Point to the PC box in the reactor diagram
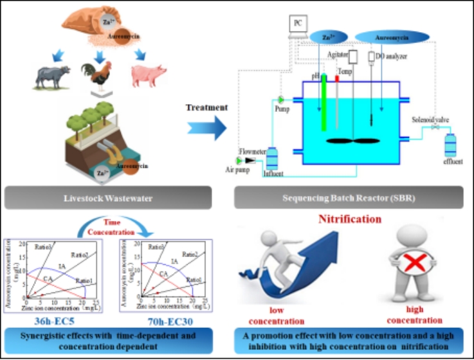pos(296,24)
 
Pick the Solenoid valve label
pos(433,120)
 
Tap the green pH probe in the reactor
pos(325,103)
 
